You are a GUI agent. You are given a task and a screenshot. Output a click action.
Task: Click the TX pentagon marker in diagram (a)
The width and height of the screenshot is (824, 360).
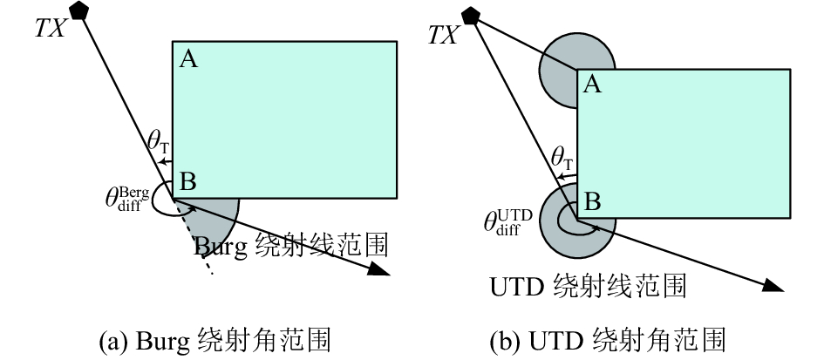pos(79,10)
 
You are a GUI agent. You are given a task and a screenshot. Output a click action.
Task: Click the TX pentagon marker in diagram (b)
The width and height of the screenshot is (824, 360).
pos(470,15)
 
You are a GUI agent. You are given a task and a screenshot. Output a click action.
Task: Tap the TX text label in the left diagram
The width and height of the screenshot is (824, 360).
pos(50,29)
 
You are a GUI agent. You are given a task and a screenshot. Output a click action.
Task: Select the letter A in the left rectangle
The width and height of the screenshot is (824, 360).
pos(188,59)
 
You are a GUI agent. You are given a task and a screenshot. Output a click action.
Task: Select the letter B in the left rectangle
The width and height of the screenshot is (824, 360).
pos(187,182)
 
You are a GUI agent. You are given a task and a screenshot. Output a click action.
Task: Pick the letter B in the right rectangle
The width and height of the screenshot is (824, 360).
pos(592,202)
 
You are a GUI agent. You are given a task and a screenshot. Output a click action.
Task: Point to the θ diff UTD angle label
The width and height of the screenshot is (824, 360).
pos(507,222)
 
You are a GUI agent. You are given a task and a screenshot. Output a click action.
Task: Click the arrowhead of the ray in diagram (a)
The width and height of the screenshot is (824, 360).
pos(378,268)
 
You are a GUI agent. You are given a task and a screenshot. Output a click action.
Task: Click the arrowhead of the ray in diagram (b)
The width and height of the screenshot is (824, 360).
pos(773,285)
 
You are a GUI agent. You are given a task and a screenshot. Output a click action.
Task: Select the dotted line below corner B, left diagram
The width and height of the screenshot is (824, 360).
pos(194,236)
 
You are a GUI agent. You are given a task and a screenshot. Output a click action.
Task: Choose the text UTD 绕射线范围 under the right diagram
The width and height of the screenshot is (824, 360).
pos(588,287)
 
